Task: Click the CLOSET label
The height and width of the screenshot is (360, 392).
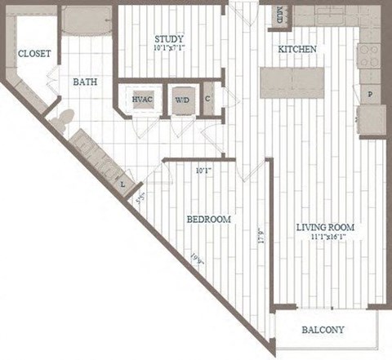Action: point(34,53)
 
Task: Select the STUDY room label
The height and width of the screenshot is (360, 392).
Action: point(168,38)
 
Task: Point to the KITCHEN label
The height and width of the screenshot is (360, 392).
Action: point(297,50)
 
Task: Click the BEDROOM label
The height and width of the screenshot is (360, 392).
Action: point(208,220)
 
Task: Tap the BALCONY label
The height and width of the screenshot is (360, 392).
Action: point(323,331)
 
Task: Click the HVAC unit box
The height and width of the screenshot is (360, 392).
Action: point(141,100)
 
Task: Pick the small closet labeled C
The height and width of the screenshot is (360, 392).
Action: point(208,99)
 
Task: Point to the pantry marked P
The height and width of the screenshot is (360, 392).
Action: point(370,96)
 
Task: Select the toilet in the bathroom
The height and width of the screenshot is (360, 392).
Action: point(60,122)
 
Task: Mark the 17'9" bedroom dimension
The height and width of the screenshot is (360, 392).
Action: point(258,237)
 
